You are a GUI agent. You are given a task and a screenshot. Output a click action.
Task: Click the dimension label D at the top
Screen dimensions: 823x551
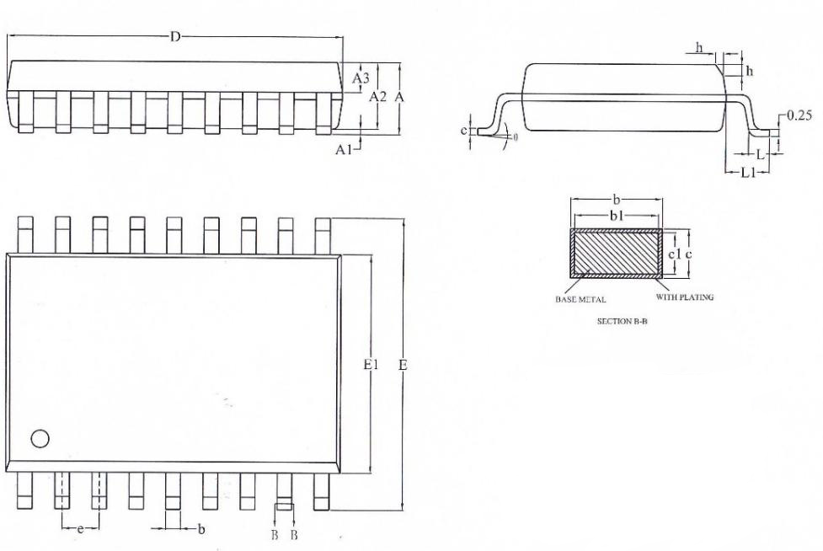[x=175, y=37]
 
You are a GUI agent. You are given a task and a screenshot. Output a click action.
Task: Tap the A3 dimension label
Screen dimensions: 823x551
[x=361, y=78]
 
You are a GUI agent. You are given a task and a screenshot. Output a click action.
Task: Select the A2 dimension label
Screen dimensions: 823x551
[x=378, y=97]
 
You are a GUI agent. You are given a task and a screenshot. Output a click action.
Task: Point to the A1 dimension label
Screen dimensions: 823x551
[x=344, y=150]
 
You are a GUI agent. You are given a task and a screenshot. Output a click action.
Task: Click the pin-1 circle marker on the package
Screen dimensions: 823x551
[x=40, y=439]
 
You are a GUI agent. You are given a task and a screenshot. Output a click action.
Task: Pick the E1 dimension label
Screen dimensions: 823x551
[x=371, y=364]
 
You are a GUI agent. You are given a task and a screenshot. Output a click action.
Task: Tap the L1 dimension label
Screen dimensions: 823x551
[x=748, y=172]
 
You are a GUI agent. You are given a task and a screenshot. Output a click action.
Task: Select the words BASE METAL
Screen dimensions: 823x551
[x=580, y=300]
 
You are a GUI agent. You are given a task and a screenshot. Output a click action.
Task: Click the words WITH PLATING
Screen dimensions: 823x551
[x=685, y=297]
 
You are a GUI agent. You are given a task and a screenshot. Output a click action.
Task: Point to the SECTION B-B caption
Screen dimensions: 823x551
[x=622, y=321]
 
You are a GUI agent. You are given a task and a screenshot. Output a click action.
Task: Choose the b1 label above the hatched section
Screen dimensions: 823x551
[x=617, y=216]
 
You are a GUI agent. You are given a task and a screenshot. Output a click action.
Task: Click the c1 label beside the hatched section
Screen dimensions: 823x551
[x=675, y=254]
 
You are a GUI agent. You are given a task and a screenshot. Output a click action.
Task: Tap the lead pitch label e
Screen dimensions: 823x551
[x=80, y=529]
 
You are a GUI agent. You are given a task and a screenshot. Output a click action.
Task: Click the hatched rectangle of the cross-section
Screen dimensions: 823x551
[x=617, y=253]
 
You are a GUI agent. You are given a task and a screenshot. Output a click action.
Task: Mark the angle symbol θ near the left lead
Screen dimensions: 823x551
[x=516, y=137]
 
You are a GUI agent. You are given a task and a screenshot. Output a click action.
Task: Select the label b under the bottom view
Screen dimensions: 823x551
[x=201, y=529]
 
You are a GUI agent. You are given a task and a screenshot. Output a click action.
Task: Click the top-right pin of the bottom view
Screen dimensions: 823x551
[x=323, y=236]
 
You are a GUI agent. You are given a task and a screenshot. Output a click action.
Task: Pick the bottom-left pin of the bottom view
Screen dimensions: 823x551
[x=24, y=490]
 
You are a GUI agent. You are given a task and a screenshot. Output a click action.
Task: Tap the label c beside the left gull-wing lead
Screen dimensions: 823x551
[x=464, y=130]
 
